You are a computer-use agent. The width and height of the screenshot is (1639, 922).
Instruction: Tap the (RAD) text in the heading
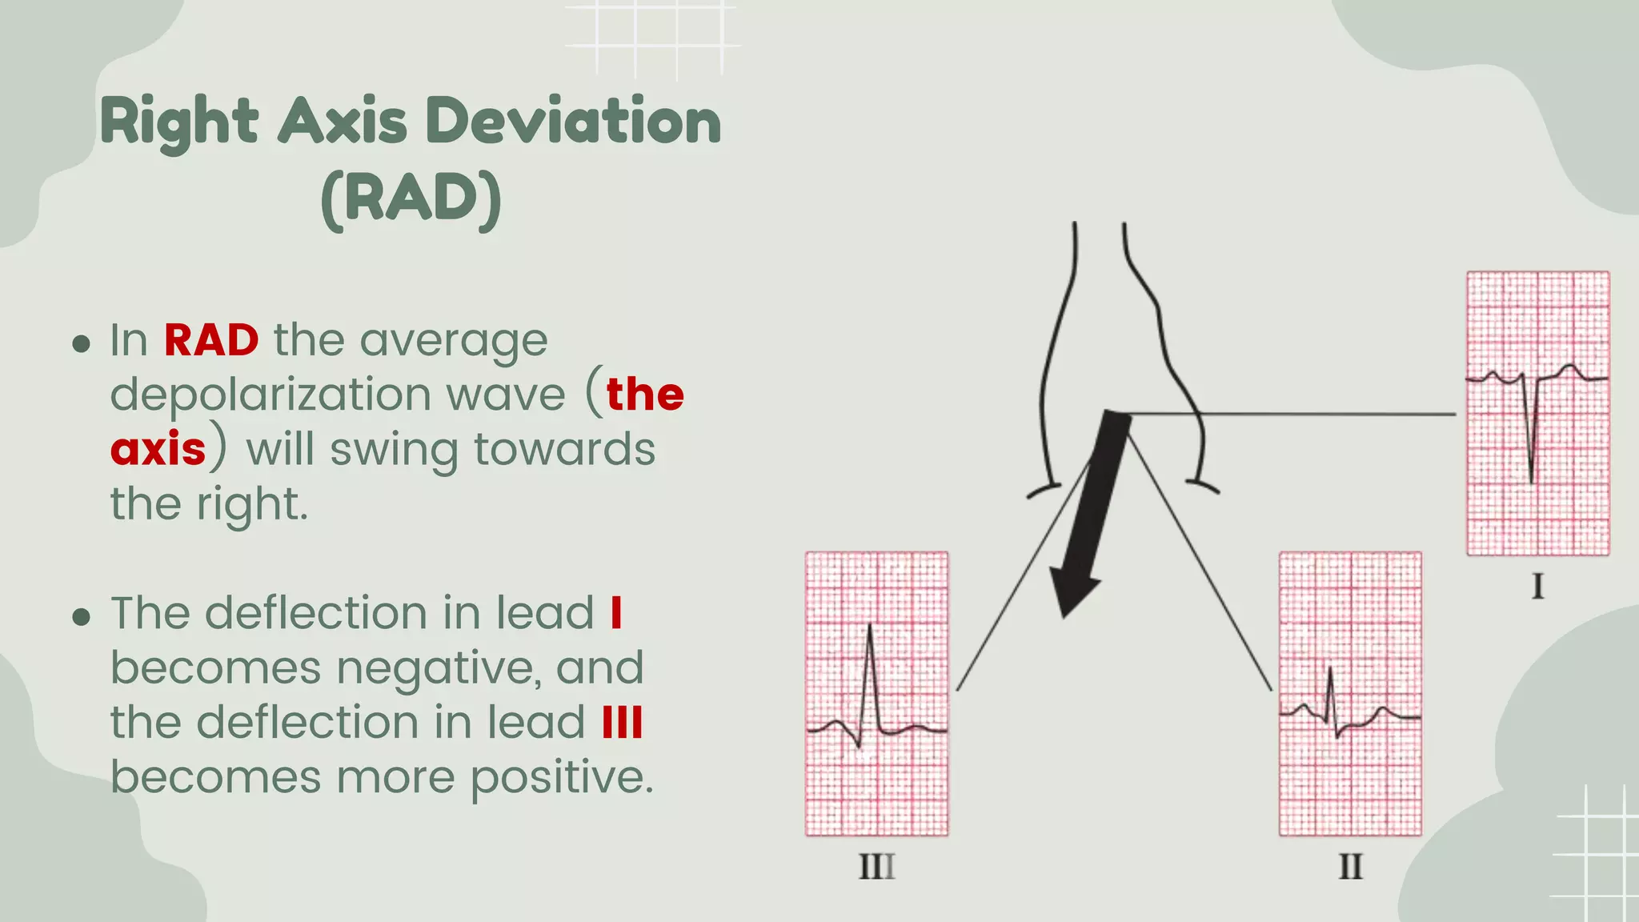click(x=411, y=198)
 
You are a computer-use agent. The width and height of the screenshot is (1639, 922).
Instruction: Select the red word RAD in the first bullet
click(x=211, y=340)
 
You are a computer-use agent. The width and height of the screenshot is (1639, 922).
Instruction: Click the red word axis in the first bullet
click(x=158, y=449)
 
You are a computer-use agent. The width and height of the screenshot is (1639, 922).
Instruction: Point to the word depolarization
click(x=270, y=395)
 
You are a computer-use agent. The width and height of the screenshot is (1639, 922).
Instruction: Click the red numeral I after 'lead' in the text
click(x=615, y=613)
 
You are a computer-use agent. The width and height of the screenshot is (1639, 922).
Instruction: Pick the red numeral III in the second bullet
click(x=622, y=722)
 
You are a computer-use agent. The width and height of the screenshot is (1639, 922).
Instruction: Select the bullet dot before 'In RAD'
click(x=81, y=344)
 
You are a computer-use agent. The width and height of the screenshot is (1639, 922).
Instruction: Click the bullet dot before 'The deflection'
click(x=81, y=617)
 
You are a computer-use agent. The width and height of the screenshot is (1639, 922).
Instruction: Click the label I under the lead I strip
click(x=1537, y=587)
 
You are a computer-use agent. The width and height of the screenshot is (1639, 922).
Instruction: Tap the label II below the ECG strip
click(x=1350, y=867)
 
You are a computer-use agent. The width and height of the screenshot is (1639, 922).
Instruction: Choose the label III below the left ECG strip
click(x=876, y=867)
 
